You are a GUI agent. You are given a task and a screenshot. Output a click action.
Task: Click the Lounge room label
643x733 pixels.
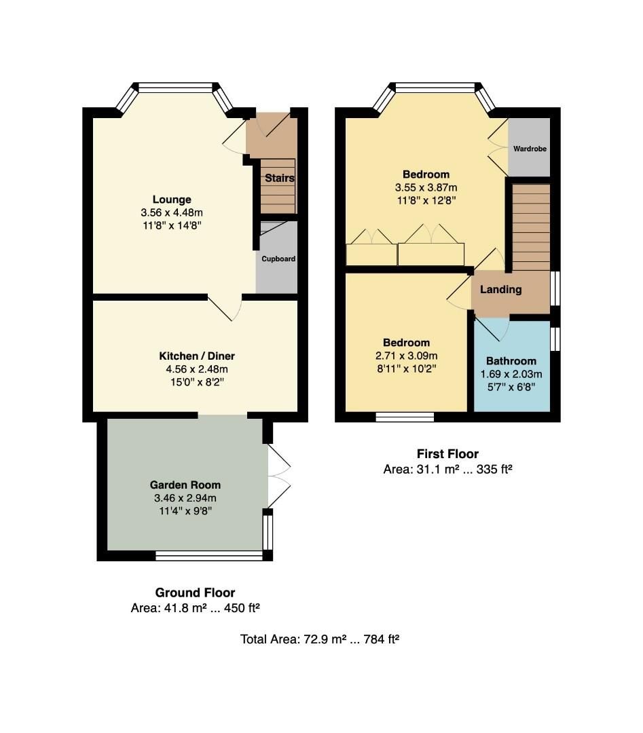pyautogui.click(x=172, y=200)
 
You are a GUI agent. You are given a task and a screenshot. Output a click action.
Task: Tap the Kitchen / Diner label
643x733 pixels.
pyautogui.click(x=197, y=356)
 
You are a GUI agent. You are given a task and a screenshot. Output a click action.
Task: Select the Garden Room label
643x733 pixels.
pyautogui.click(x=185, y=485)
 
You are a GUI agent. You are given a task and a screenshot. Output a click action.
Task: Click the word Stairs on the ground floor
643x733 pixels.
pyautogui.click(x=279, y=178)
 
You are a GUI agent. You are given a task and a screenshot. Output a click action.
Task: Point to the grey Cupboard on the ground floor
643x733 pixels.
pyautogui.click(x=278, y=259)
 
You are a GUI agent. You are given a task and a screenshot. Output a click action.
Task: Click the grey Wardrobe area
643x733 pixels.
pyautogui.click(x=530, y=148)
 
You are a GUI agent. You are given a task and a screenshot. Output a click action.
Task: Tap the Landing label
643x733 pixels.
pyautogui.click(x=501, y=290)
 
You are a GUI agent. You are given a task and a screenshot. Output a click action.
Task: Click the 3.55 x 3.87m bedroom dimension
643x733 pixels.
pyautogui.click(x=426, y=187)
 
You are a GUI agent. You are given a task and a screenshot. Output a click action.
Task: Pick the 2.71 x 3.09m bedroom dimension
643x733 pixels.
pyautogui.click(x=407, y=356)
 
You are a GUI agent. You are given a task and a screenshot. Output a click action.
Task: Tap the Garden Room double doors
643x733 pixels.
pyautogui.click(x=279, y=475)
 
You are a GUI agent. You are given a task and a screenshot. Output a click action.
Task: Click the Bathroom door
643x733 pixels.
pyautogui.click(x=492, y=328)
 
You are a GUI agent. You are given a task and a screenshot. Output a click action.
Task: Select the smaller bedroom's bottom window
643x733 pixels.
pyautogui.click(x=405, y=417)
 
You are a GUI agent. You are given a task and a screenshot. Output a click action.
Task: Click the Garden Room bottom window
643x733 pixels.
pyautogui.click(x=209, y=556)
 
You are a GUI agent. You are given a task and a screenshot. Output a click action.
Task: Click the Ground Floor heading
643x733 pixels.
pyautogui.click(x=195, y=593)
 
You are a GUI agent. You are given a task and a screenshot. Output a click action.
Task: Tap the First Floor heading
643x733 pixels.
pyautogui.click(x=447, y=454)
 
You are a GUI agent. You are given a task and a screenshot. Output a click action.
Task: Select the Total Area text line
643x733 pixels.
pyautogui.click(x=319, y=639)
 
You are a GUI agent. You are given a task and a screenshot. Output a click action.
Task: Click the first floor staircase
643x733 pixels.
pyautogui.click(x=531, y=227)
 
